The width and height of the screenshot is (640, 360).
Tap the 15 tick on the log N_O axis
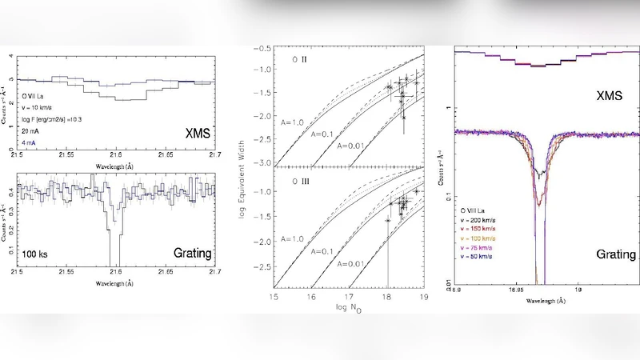[x=274, y=297]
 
